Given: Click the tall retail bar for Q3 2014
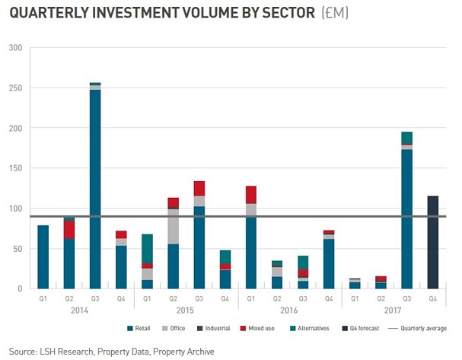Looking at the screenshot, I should (95, 190).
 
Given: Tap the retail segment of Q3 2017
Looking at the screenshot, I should (407, 221).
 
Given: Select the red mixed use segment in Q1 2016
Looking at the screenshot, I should (251, 195).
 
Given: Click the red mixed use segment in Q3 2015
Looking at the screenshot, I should (199, 189).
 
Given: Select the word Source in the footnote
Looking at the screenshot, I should (24, 351).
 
